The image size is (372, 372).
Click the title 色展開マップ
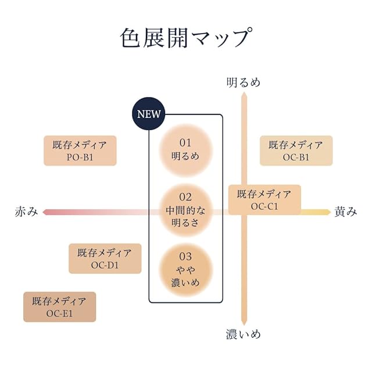pyautogui.click(x=186, y=38)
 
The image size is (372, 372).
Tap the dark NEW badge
pyautogui.click(x=148, y=114)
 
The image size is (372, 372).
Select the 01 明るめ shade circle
pyautogui.click(x=185, y=149)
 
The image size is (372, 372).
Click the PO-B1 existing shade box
pyautogui.click(x=80, y=151)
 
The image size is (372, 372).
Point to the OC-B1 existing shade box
pyautogui.click(x=296, y=151)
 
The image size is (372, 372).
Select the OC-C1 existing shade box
pyautogui.click(x=264, y=199)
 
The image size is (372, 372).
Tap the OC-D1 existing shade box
pyautogui.click(x=105, y=259)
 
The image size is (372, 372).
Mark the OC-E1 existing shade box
pyautogui.click(x=59, y=307)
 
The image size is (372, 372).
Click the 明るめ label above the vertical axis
pyautogui.click(x=244, y=82)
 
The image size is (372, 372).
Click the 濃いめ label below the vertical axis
pyautogui.click(x=244, y=334)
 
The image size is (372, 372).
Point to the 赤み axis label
pyautogui.click(x=26, y=212)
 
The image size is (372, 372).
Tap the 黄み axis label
pyautogui.click(x=346, y=212)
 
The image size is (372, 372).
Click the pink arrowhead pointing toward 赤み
pyautogui.click(x=46, y=212)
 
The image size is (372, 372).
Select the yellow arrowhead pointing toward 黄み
pyautogui.click(x=327, y=212)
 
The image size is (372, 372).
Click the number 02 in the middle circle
pyautogui.click(x=185, y=197)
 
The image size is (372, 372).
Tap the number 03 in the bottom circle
pyautogui.click(x=185, y=256)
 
